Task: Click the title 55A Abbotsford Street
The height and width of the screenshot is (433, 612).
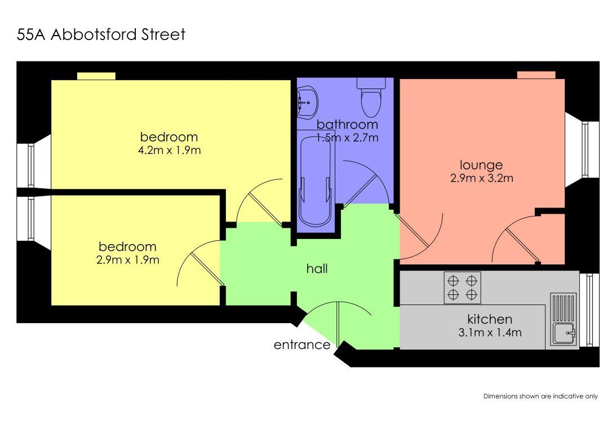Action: click(x=101, y=35)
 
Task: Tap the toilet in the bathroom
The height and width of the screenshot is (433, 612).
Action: click(x=371, y=97)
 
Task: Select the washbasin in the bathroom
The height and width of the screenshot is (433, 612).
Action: click(x=307, y=102)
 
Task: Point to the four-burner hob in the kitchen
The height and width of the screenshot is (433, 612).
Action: click(x=462, y=288)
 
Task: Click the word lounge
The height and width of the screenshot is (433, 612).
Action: click(x=481, y=165)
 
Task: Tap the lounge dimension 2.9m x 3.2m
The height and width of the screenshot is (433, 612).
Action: click(x=482, y=178)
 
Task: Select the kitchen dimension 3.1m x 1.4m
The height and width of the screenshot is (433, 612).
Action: click(x=490, y=333)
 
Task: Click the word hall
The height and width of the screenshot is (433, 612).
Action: click(x=317, y=268)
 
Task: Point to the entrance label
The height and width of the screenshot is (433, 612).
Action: click(x=301, y=344)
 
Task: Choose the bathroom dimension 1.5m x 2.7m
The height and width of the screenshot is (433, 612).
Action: click(x=347, y=138)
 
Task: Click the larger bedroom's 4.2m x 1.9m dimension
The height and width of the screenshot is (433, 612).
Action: click(x=170, y=151)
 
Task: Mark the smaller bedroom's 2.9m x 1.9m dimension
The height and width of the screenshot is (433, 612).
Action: click(x=127, y=260)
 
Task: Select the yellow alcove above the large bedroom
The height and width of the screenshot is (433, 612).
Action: click(x=96, y=76)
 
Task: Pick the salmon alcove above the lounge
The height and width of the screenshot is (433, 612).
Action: click(x=536, y=76)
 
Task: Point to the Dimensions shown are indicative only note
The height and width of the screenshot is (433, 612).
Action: click(x=540, y=396)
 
